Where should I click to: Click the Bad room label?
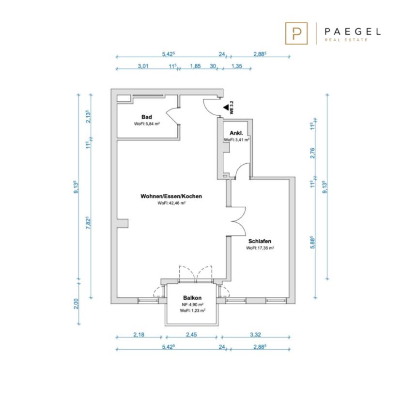pyautogui.click(x=147, y=117)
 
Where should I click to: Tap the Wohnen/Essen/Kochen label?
pyautogui.click(x=171, y=196)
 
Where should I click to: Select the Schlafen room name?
pyautogui.click(x=260, y=241)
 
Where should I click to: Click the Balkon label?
pyautogui.click(x=192, y=298)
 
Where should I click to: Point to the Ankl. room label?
pyautogui.click(x=236, y=133)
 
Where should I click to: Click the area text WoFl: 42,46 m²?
pyautogui.click(x=171, y=203)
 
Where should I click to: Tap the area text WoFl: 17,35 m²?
pyautogui.click(x=260, y=248)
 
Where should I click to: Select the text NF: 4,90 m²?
pyautogui.click(x=193, y=305)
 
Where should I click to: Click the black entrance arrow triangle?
pyautogui.click(x=226, y=108)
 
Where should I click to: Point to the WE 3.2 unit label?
pyautogui.click(x=232, y=108)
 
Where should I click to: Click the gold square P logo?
pyautogui.click(x=296, y=33)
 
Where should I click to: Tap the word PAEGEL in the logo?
pyautogui.click(x=353, y=32)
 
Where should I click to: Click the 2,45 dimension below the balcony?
pyautogui.click(x=191, y=334)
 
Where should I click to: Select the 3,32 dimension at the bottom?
pyautogui.click(x=255, y=334)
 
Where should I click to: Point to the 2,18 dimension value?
pyautogui.click(x=139, y=334)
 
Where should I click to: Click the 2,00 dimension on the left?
pyautogui.click(x=76, y=304)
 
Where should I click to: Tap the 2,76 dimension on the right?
pyautogui.click(x=312, y=153)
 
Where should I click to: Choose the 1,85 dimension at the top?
pyautogui.click(x=195, y=66)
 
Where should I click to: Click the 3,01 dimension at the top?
pyautogui.click(x=143, y=66)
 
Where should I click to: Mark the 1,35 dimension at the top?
pyautogui.click(x=237, y=66)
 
